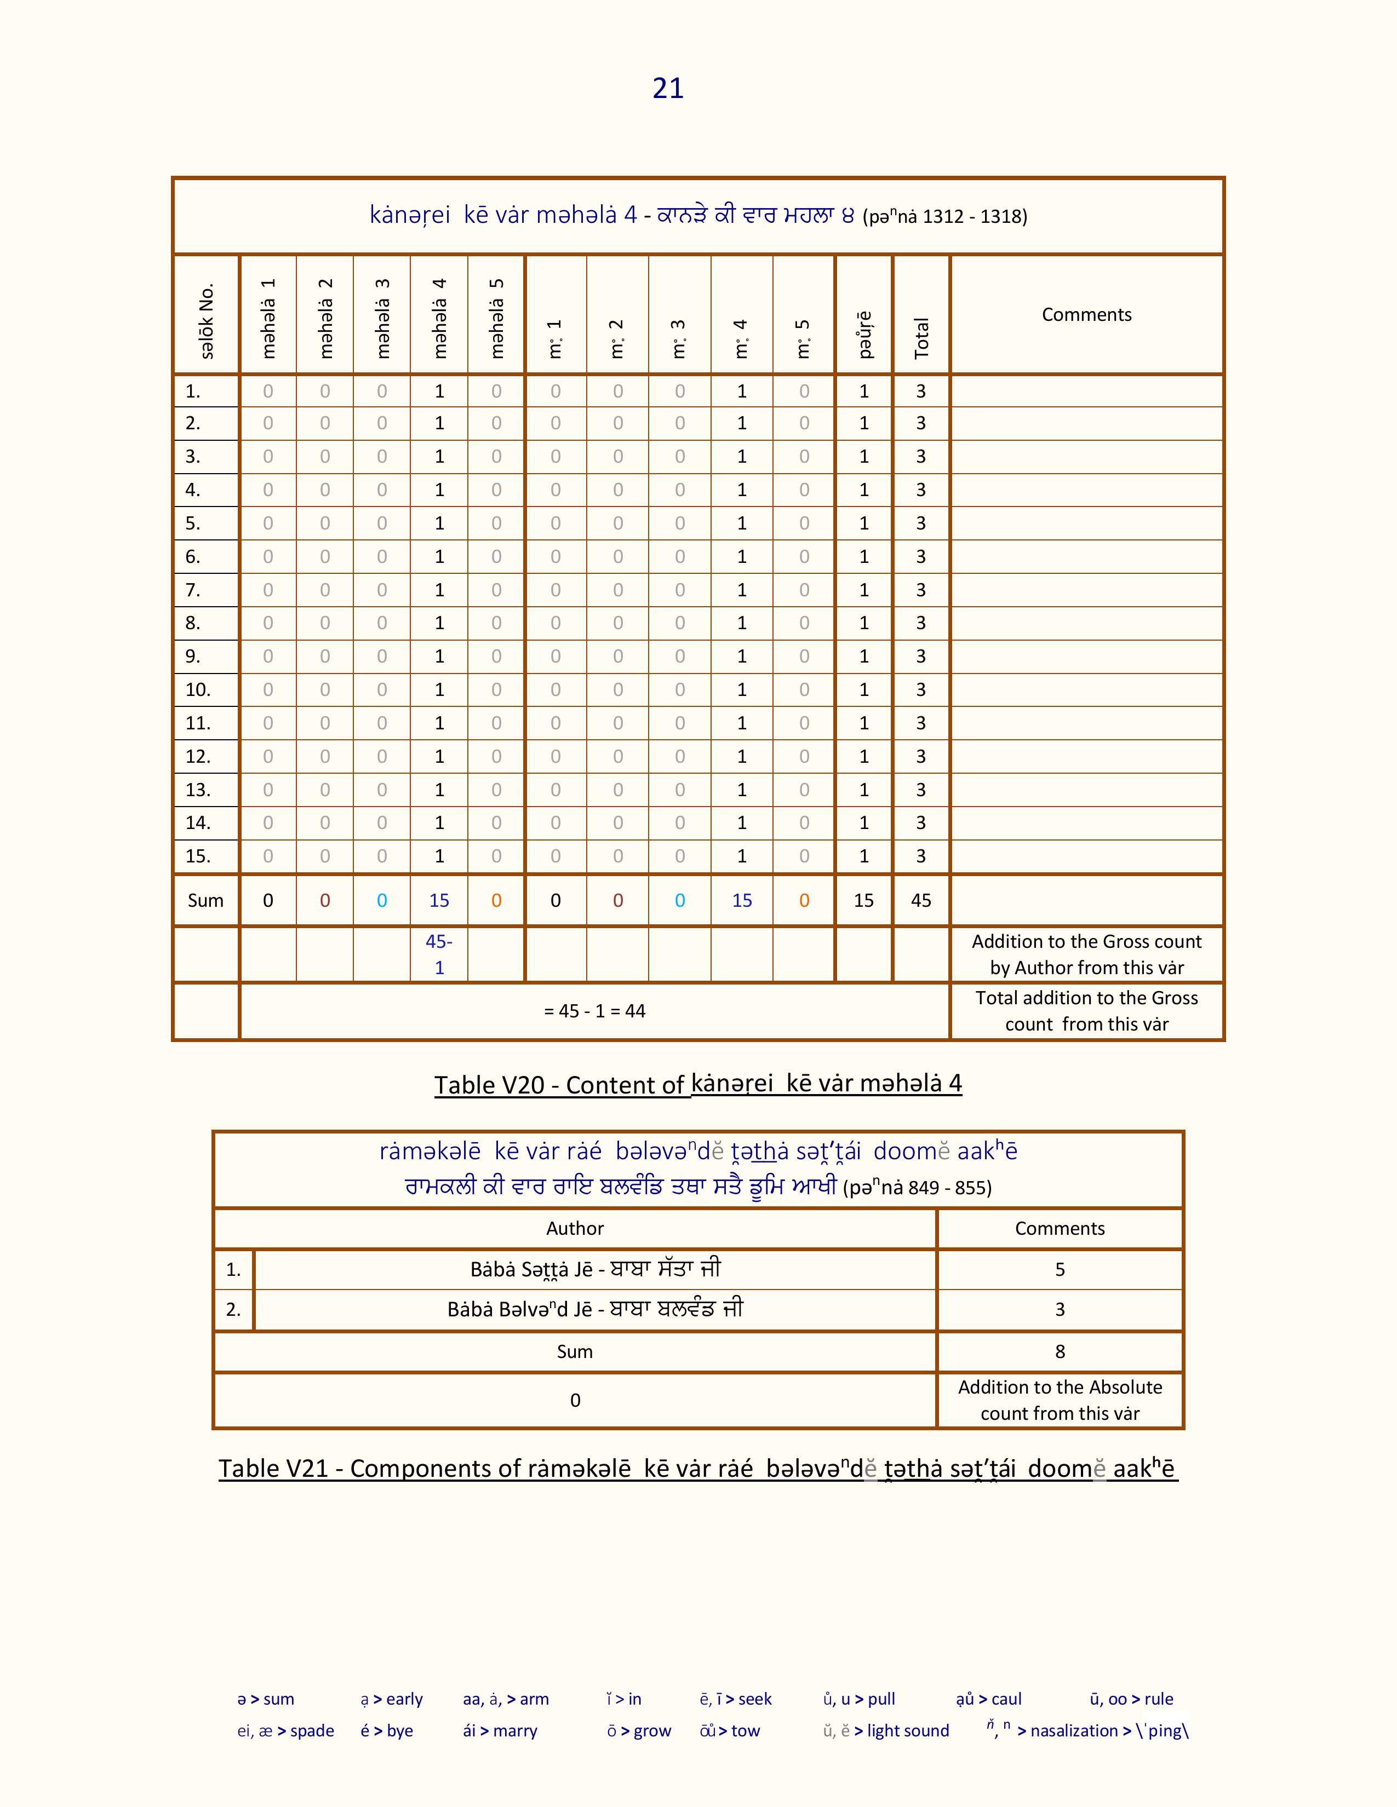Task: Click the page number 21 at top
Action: point(668,88)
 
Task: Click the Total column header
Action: point(921,337)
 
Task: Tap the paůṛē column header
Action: point(864,334)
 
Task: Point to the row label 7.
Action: point(193,590)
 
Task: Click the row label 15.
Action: point(198,856)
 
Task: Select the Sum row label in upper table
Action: point(205,900)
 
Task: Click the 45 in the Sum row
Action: point(921,900)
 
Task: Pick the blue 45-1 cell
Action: point(439,954)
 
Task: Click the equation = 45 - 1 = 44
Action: point(594,1011)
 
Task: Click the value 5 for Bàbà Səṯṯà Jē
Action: point(1060,1270)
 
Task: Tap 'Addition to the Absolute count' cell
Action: point(1060,1400)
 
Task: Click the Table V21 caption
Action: point(697,1469)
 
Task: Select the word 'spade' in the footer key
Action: point(312,1731)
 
